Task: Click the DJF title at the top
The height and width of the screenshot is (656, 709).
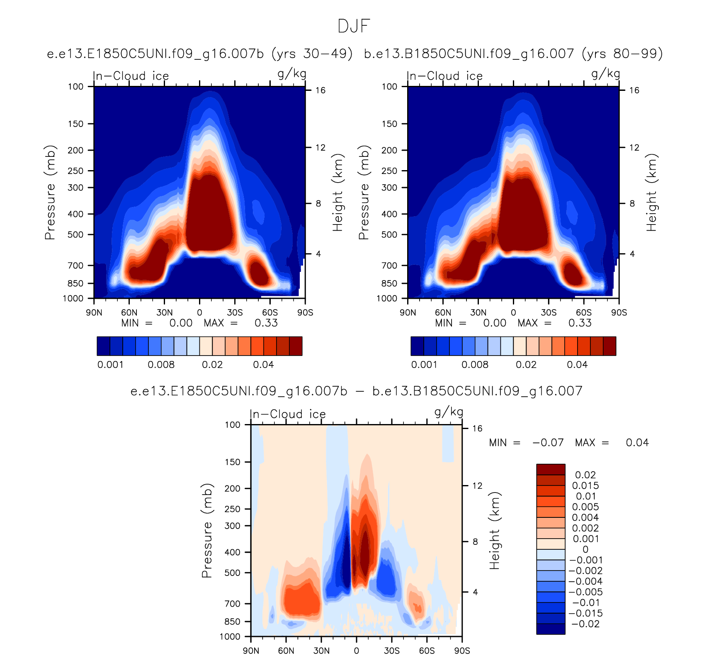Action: [354, 27]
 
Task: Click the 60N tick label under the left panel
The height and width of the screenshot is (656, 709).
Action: [129, 312]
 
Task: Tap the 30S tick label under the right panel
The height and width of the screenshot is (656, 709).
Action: [549, 312]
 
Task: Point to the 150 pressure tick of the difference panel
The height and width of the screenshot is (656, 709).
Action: [232, 462]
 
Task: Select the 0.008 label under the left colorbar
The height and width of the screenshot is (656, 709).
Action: [161, 365]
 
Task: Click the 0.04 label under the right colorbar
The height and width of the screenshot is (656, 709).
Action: [577, 365]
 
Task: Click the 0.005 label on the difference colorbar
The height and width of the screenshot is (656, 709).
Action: [585, 507]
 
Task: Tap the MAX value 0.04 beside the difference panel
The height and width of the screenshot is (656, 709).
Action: [637, 443]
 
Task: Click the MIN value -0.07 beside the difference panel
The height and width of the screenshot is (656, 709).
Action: [548, 443]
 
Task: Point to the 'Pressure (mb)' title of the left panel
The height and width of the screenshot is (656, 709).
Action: [50, 193]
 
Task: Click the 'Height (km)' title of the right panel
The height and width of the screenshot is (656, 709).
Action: [651, 193]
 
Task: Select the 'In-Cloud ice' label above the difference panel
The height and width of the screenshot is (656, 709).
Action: [288, 414]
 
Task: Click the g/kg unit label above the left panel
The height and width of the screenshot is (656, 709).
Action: [292, 74]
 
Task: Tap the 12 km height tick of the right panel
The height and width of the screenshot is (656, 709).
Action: [634, 147]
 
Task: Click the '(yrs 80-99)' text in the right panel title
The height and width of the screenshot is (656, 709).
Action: [622, 54]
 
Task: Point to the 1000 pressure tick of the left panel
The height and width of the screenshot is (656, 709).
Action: [73, 298]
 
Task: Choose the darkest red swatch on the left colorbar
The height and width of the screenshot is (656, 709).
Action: [296, 346]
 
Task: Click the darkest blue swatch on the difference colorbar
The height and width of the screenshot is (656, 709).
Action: [551, 629]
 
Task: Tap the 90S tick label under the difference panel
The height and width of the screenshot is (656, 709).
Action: [462, 651]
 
